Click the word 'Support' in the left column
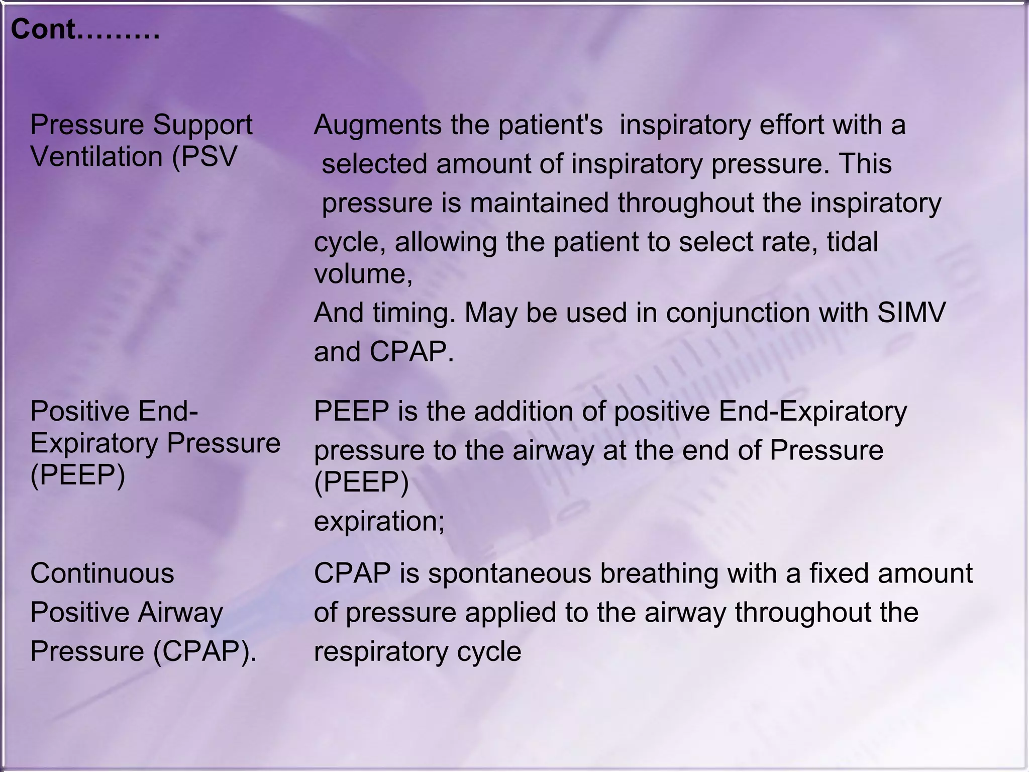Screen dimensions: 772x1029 [202, 125]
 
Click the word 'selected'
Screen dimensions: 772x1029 [375, 164]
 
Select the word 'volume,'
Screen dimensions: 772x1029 [363, 274]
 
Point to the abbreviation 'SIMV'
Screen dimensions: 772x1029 [911, 313]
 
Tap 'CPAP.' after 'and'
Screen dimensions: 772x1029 [411, 352]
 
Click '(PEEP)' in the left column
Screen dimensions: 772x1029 [78, 474]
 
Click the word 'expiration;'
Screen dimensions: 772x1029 [379, 521]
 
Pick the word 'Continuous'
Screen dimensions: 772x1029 [102, 573]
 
